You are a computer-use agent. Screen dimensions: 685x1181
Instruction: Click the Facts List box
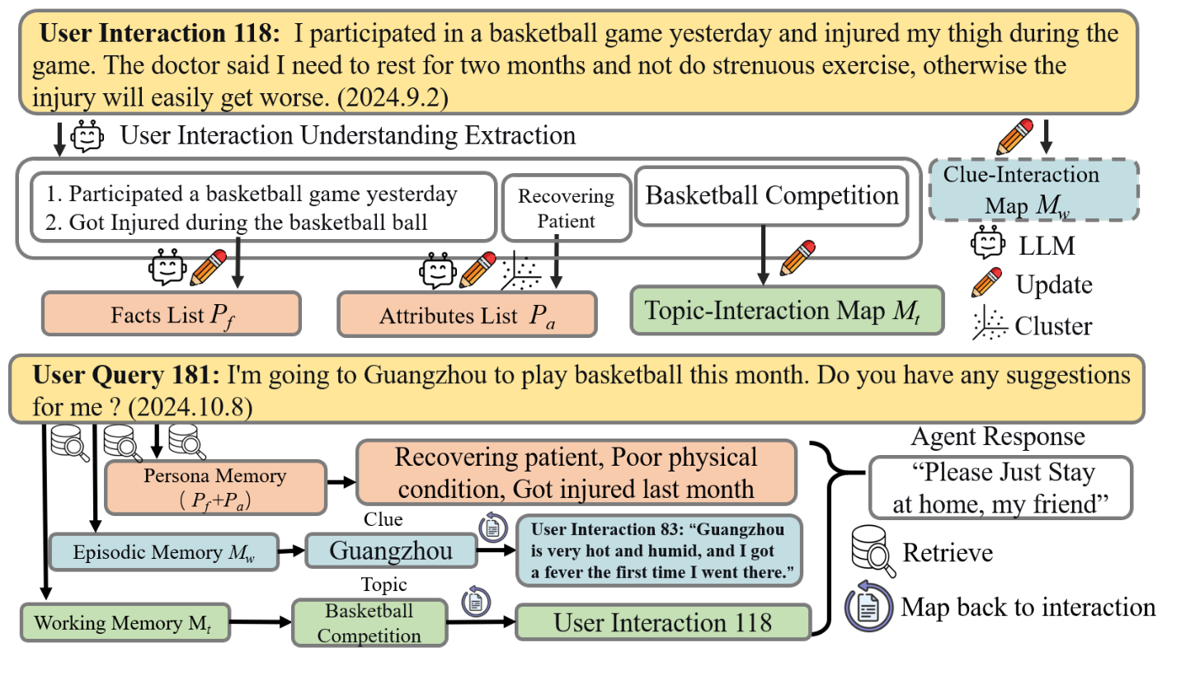172,314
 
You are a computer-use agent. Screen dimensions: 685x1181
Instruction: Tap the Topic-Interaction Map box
786,311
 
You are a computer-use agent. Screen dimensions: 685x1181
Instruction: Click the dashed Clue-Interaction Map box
1033,190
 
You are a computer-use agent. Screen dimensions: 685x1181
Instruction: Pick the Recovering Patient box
565,209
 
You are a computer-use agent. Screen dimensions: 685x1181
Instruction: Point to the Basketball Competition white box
771,196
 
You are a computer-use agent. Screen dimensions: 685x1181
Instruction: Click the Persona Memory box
214,486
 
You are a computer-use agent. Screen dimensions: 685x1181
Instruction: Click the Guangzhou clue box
391,551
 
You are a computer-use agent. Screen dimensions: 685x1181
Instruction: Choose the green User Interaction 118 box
662,622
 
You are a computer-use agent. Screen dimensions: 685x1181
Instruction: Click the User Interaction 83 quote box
658,550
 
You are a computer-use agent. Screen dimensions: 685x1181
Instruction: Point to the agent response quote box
1000,487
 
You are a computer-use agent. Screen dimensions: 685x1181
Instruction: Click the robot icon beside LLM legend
988,244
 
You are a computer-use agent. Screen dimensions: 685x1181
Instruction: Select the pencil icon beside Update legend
987,283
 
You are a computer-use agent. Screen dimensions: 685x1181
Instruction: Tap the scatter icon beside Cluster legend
989,324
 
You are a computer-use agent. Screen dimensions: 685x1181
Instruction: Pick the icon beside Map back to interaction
868,608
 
